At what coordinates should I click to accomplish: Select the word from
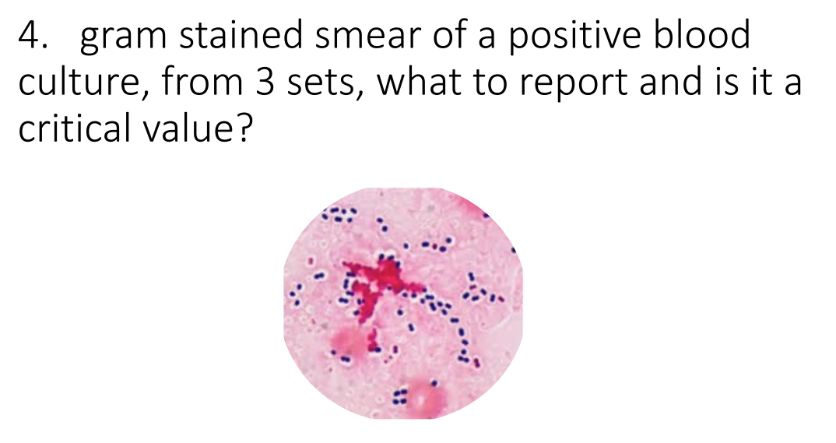pyautogui.click(x=199, y=82)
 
